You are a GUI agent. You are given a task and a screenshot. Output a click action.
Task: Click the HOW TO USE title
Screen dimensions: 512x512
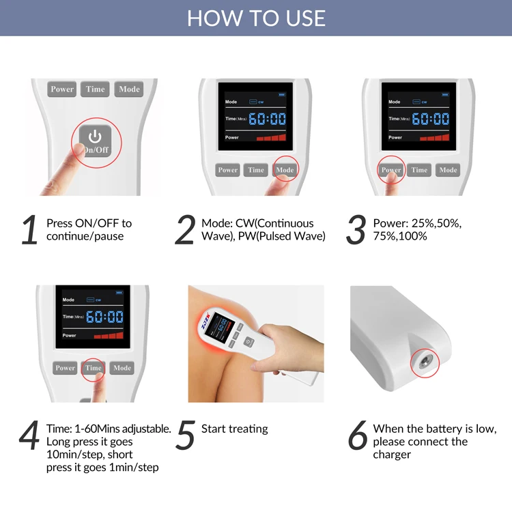(x=256, y=18)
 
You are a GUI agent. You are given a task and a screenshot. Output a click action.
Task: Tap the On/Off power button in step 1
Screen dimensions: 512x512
(x=95, y=141)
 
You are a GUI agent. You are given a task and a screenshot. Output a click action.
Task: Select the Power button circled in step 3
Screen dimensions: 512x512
(x=391, y=170)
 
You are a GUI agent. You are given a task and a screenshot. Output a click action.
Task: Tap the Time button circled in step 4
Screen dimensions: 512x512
(x=94, y=368)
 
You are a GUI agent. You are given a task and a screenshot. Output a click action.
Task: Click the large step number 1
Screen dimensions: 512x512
(x=29, y=229)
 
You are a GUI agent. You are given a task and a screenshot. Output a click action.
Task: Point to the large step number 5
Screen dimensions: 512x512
(x=186, y=435)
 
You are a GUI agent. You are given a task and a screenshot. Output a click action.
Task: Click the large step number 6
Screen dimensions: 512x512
(x=357, y=435)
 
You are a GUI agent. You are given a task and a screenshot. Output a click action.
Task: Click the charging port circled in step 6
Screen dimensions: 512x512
(x=425, y=362)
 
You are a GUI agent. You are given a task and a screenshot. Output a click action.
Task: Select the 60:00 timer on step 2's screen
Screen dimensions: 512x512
(x=267, y=119)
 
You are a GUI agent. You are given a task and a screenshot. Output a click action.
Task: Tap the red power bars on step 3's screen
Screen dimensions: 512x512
(x=434, y=137)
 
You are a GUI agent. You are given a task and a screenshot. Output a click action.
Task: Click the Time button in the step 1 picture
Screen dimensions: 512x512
(x=95, y=89)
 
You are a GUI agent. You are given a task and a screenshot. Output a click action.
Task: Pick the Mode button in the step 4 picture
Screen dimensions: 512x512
(x=122, y=368)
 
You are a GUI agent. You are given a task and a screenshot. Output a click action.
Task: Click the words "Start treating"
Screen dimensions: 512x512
(x=234, y=429)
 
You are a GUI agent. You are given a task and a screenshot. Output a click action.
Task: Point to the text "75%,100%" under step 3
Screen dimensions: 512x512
(x=400, y=236)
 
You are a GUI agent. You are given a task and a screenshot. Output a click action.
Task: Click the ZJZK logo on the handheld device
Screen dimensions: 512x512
(x=205, y=320)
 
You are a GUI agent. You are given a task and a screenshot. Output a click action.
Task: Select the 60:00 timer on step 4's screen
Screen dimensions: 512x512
(x=104, y=317)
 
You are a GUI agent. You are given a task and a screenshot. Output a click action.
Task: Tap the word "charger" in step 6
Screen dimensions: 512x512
(x=392, y=455)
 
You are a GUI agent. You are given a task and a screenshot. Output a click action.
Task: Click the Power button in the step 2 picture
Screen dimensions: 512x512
(x=227, y=170)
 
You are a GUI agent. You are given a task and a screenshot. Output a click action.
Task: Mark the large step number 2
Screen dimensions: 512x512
(x=185, y=229)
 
